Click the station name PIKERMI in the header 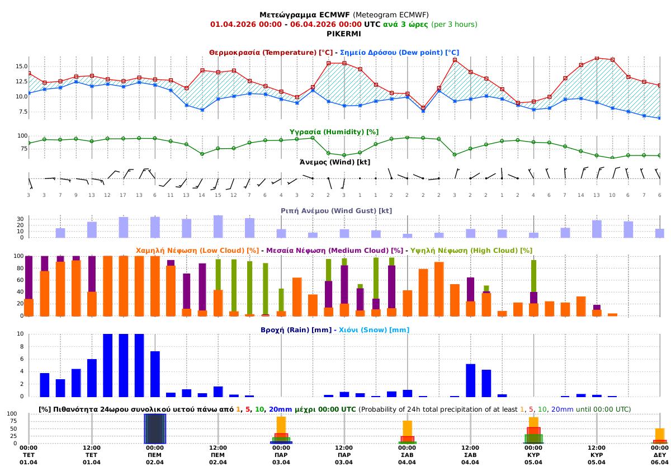point(344,34)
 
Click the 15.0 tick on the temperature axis point(20,66)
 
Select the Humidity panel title point(334,132)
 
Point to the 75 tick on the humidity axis point(22,149)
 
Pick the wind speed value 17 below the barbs point(123,195)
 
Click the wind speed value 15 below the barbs point(218,195)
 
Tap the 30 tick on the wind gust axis point(20,219)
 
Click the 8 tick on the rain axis point(22,346)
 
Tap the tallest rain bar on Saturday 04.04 point(470,380)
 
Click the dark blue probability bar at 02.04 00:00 point(155,428)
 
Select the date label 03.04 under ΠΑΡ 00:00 point(281,462)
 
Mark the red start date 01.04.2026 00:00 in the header point(245,25)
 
